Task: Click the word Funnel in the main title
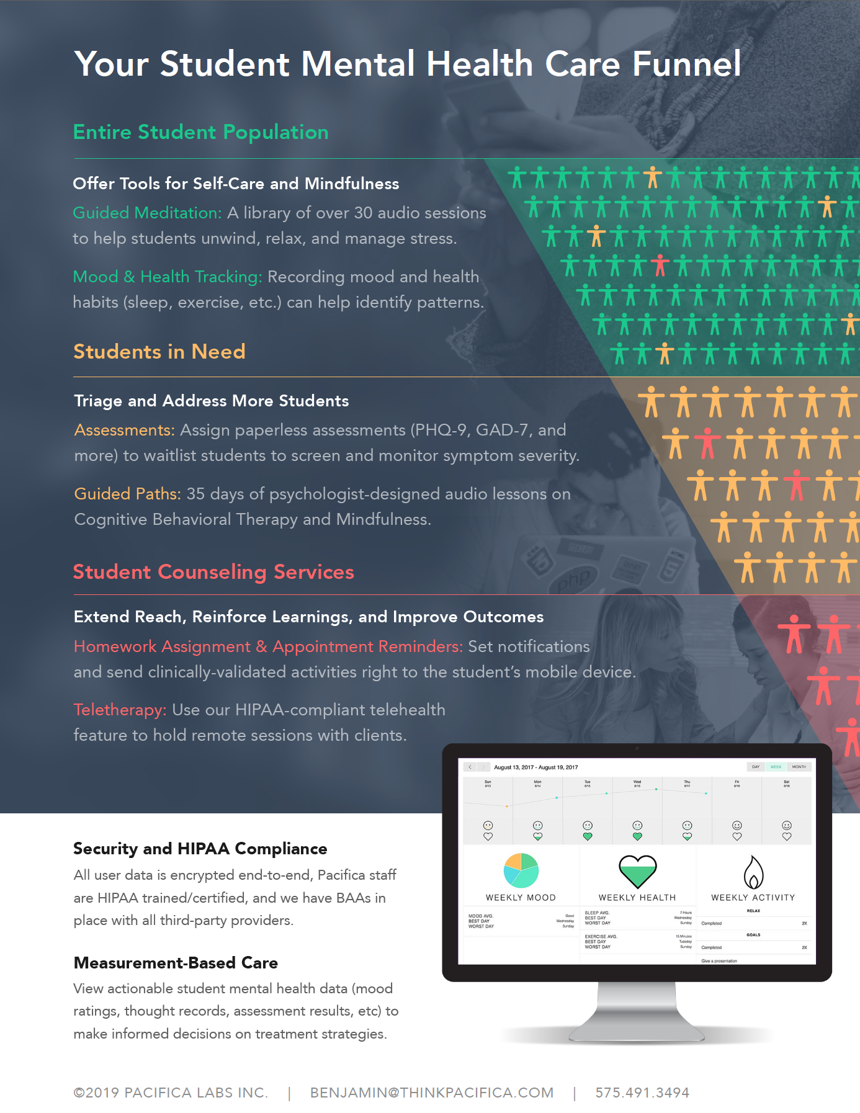[x=686, y=64]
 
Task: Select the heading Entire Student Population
[x=200, y=132]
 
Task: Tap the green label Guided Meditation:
[x=147, y=213]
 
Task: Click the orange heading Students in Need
[x=159, y=352]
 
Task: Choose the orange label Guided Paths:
[x=127, y=494]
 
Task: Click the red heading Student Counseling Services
[x=213, y=572]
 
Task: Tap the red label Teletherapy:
[x=120, y=710]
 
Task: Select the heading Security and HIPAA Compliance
[x=200, y=849]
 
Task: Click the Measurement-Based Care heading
[x=176, y=963]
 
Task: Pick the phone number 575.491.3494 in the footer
[x=642, y=1093]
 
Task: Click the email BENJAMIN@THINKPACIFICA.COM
[x=432, y=1093]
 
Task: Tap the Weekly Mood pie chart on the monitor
[x=521, y=870]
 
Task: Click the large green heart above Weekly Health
[x=637, y=871]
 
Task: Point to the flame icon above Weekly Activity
[x=753, y=872]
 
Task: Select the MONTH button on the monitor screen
[x=799, y=767]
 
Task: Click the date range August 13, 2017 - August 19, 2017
[x=535, y=767]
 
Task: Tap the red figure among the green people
[x=660, y=266]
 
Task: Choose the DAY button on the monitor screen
[x=756, y=767]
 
